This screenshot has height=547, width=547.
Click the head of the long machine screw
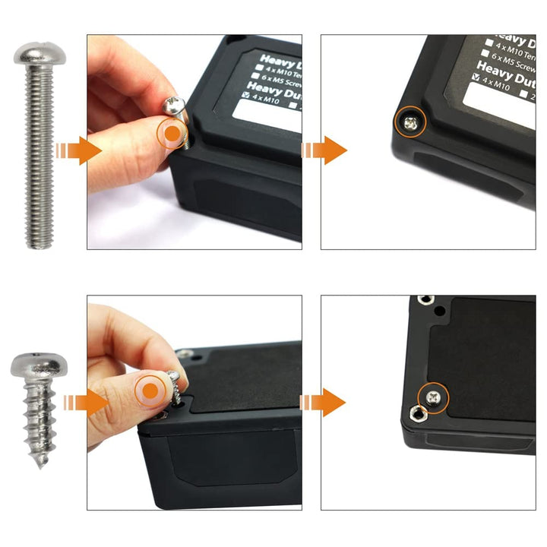pos(40,54)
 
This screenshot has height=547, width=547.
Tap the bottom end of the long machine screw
pos(40,245)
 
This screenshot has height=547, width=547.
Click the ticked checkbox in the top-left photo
pos(246,95)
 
